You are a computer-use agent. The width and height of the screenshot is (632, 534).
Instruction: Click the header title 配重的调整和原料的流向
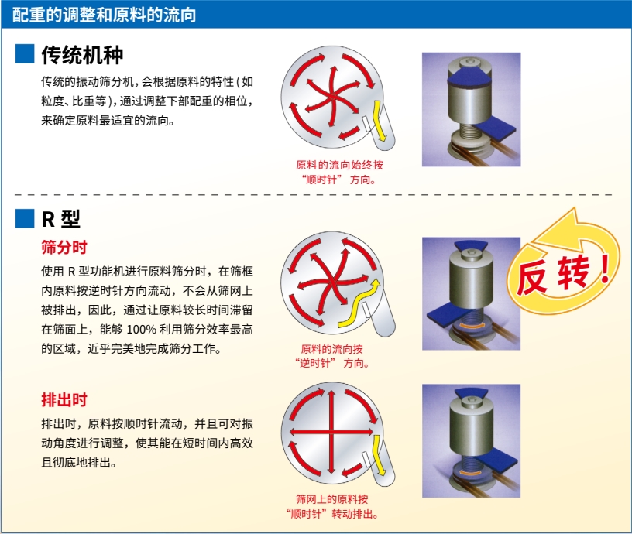click(x=104, y=15)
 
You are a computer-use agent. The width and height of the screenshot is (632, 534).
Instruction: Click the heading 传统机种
click(x=82, y=55)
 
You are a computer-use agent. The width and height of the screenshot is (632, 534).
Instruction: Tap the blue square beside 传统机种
click(x=25, y=54)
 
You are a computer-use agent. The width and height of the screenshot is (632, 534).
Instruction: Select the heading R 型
click(x=61, y=219)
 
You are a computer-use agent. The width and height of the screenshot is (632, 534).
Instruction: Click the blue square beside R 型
click(x=25, y=219)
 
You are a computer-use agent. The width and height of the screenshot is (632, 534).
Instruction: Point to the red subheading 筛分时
click(x=64, y=247)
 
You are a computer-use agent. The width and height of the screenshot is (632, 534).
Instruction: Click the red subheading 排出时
click(x=64, y=400)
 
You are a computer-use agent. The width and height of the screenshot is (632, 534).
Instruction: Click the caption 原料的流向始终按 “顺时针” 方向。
click(x=339, y=172)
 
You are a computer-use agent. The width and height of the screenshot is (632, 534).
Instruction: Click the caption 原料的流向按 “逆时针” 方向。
click(x=332, y=356)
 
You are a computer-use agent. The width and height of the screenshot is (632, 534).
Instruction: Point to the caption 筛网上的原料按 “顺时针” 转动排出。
click(x=332, y=507)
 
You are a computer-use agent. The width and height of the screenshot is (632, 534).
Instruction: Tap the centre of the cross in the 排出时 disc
click(x=331, y=432)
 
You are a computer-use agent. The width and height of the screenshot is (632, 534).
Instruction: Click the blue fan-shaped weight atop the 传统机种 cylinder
click(x=469, y=78)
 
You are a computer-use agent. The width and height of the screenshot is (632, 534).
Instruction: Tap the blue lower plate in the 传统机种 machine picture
click(x=495, y=129)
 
